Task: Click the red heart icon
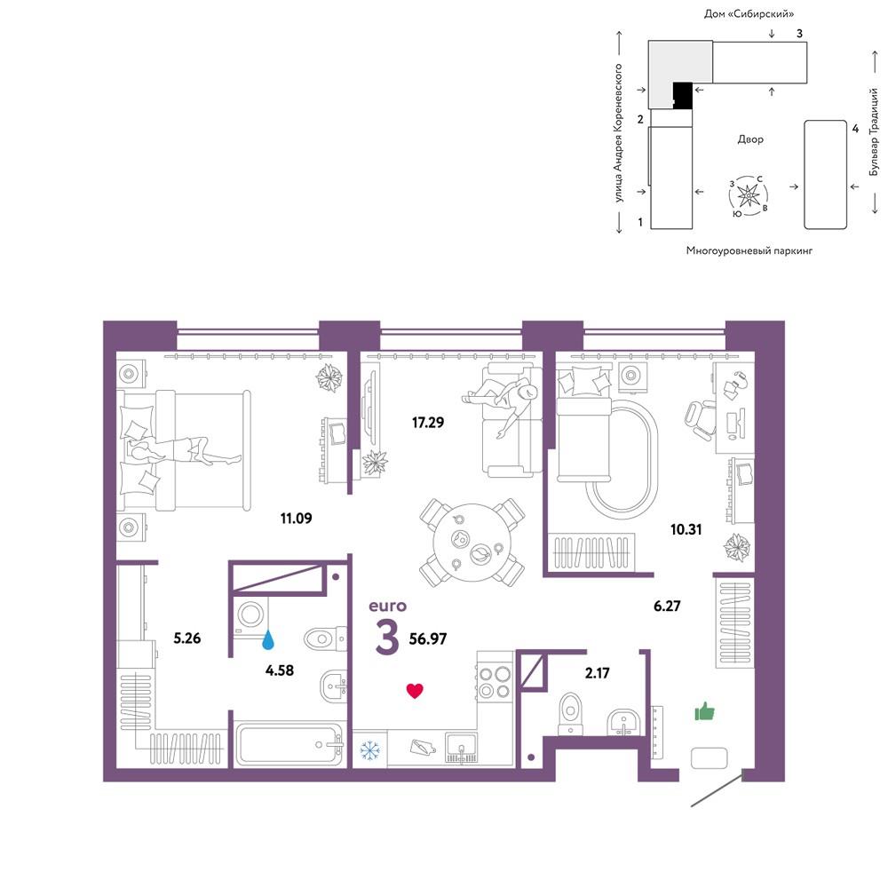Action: [415, 690]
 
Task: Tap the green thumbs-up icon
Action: [704, 710]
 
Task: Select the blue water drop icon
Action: [268, 639]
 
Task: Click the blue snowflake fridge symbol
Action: [369, 750]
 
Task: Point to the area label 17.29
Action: [428, 422]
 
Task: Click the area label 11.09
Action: [296, 518]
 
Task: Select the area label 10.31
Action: [686, 529]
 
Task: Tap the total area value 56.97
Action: [428, 638]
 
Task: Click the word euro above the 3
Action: [387, 606]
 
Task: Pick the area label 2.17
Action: [597, 673]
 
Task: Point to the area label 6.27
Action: [667, 606]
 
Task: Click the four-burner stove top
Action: [495, 682]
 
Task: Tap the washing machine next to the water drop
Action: [250, 615]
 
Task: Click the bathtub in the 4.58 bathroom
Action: [289, 744]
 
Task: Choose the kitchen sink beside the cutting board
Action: [461, 748]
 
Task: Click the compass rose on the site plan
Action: [748, 195]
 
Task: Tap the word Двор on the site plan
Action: [750, 139]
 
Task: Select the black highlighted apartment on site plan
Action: [682, 95]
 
